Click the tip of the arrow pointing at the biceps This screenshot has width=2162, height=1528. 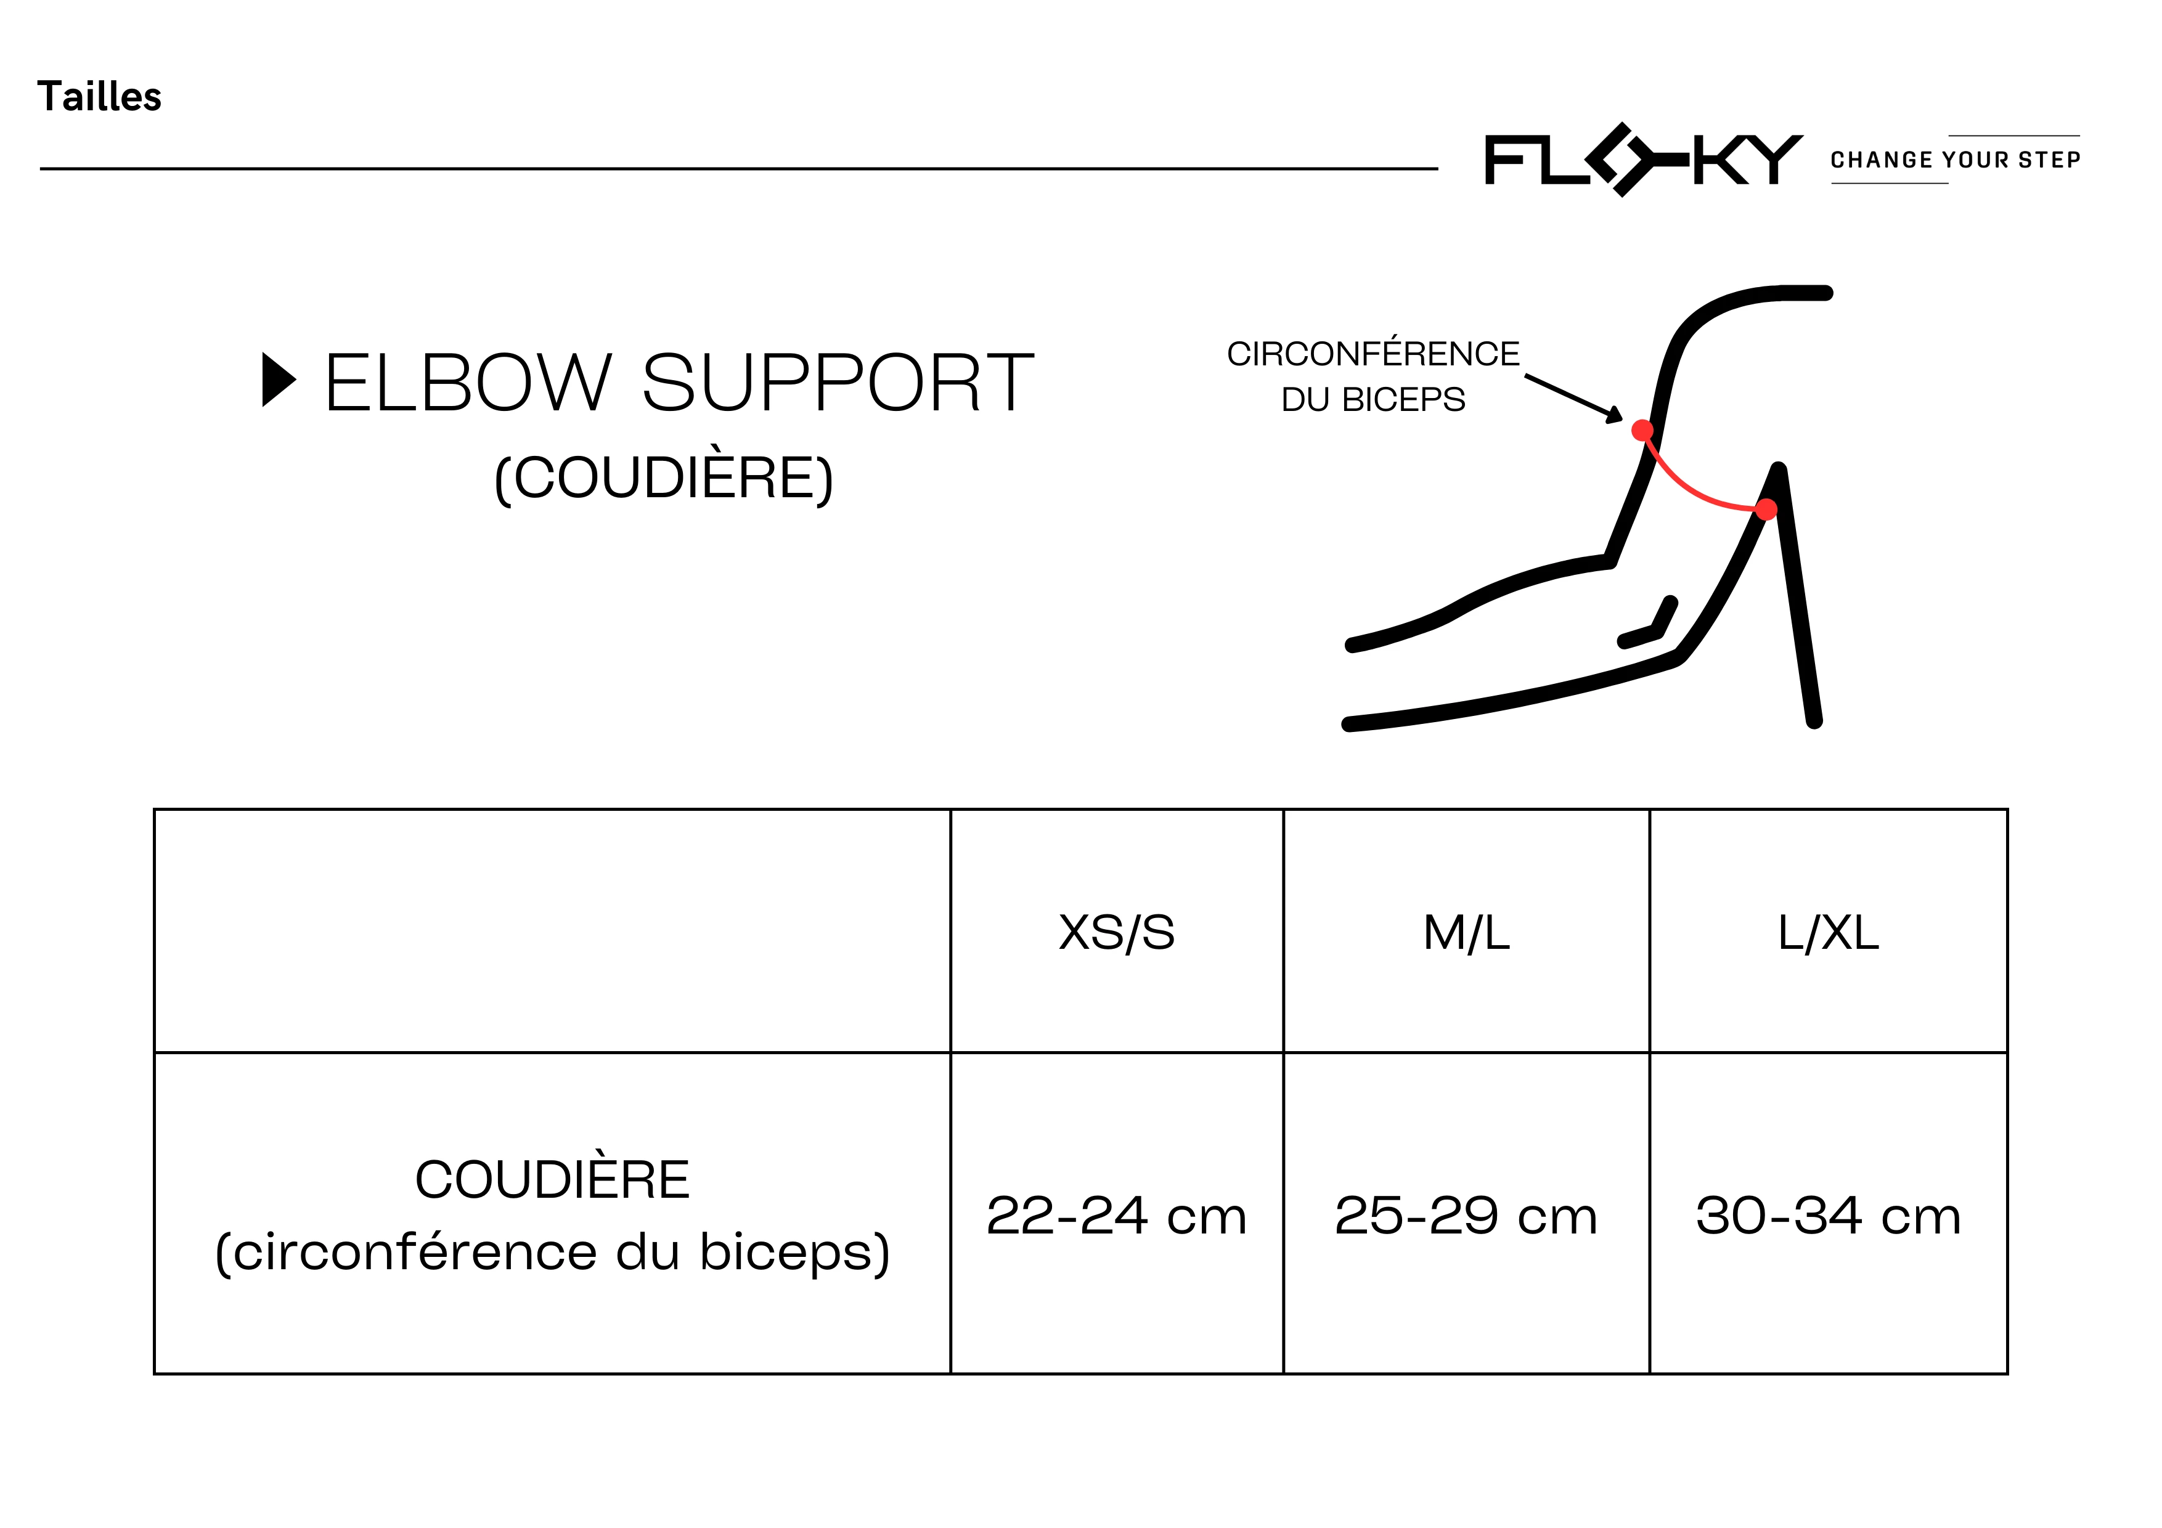coord(1623,420)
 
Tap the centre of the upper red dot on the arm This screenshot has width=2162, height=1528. coord(1642,430)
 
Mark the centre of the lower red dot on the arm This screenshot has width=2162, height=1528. coord(1766,510)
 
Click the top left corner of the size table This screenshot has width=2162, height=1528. coord(155,809)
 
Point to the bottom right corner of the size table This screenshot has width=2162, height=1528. coord(2007,1373)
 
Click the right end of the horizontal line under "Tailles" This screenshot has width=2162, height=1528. coord(1438,169)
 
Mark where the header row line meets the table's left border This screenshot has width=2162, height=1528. coord(155,1052)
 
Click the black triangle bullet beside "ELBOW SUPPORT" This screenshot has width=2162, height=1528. coord(279,380)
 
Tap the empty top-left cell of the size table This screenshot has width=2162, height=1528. coord(553,931)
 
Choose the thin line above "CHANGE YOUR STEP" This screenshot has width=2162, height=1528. coord(2014,136)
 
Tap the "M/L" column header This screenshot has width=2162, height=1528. coord(1466,933)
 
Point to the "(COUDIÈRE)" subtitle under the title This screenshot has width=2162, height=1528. coord(664,477)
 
